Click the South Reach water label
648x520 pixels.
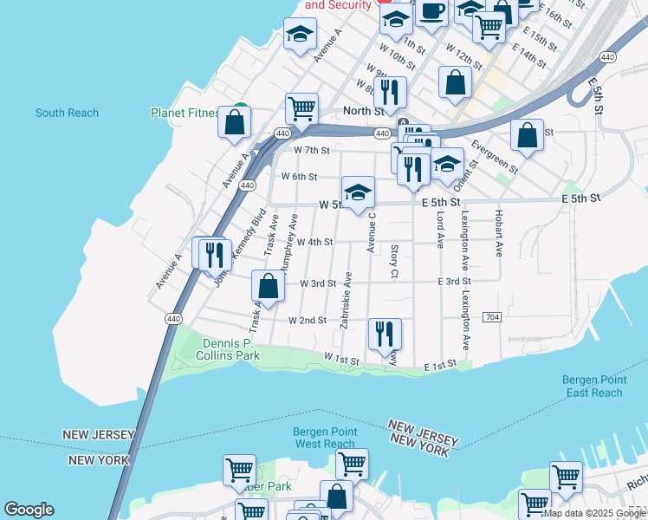click(x=67, y=113)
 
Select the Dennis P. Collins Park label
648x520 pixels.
click(x=228, y=349)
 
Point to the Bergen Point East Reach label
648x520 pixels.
click(x=592, y=386)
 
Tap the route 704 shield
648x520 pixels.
click(x=491, y=317)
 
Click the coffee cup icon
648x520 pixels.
click(x=431, y=11)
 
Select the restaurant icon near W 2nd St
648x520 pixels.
click(x=385, y=333)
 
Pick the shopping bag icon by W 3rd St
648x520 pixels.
click(x=269, y=286)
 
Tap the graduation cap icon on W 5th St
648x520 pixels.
click(x=357, y=193)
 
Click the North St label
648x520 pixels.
click(x=363, y=111)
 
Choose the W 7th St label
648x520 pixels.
click(x=312, y=150)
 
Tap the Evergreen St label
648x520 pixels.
click(x=495, y=156)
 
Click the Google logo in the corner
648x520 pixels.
click(x=29, y=510)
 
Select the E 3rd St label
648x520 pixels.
click(x=454, y=282)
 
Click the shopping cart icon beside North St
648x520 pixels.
click(x=301, y=108)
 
